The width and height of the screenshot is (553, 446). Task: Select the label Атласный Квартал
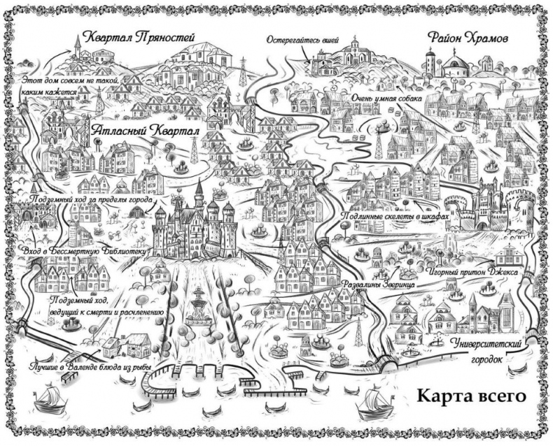pyautogui.click(x=145, y=131)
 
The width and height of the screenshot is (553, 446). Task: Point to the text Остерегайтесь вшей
pyautogui.click(x=300, y=40)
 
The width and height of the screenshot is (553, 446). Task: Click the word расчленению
pyautogui.click(x=134, y=312)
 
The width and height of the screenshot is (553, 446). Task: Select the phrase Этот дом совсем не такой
pyautogui.click(x=71, y=80)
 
